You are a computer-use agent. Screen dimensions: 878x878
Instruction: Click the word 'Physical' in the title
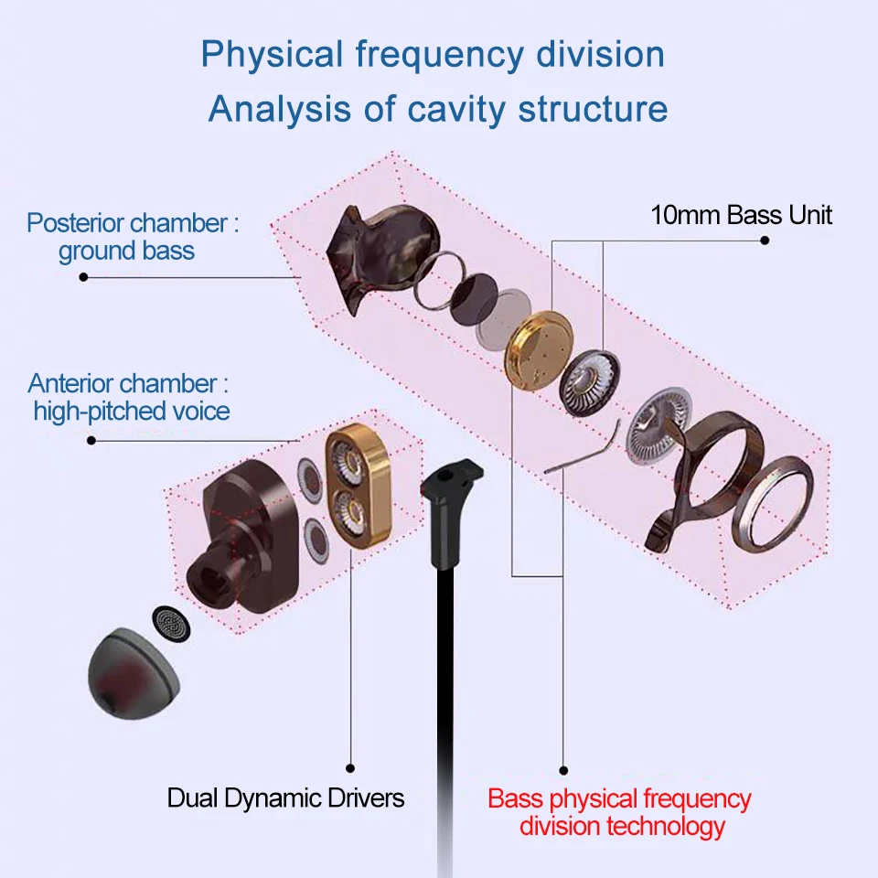pyautogui.click(x=273, y=56)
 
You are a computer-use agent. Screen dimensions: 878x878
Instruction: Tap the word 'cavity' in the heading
pyautogui.click(x=455, y=110)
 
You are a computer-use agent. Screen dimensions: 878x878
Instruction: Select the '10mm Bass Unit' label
pyautogui.click(x=741, y=215)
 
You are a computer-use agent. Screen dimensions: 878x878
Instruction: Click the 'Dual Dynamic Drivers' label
pyautogui.click(x=285, y=798)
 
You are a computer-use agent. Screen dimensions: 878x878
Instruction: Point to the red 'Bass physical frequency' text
pyautogui.click(x=619, y=799)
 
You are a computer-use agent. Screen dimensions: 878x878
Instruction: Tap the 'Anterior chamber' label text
pyautogui.click(x=122, y=383)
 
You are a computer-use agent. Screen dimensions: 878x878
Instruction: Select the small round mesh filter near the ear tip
pyautogui.click(x=171, y=623)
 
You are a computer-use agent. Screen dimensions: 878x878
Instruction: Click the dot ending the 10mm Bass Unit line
pyautogui.click(x=765, y=241)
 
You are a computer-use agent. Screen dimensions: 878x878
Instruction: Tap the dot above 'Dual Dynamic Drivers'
pyautogui.click(x=350, y=768)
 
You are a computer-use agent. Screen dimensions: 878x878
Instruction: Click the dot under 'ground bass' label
pyautogui.click(x=83, y=277)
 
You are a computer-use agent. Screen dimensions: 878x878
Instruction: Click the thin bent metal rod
pyautogui.click(x=584, y=449)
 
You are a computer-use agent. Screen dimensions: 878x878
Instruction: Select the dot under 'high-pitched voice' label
pyautogui.click(x=91, y=441)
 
